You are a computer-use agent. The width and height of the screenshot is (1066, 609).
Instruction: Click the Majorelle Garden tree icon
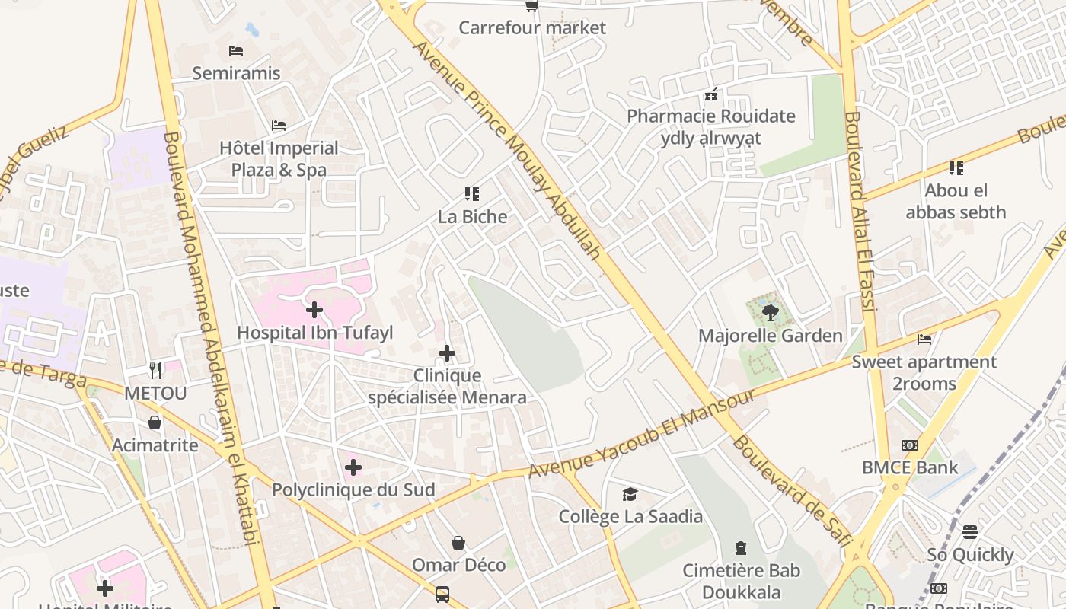point(770,312)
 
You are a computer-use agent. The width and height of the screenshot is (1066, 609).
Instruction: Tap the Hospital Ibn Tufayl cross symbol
point(314,310)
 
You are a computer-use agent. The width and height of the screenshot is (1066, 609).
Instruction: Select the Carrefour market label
point(532,28)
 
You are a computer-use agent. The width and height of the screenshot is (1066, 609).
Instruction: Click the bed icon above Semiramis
point(236,51)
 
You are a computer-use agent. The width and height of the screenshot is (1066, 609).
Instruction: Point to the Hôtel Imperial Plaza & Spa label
point(279,158)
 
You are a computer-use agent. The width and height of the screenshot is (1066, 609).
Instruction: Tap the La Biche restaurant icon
point(472,194)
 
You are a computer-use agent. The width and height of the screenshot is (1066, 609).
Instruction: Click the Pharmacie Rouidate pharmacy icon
point(711,95)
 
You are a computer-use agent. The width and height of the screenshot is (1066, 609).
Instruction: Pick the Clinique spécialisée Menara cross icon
point(447,353)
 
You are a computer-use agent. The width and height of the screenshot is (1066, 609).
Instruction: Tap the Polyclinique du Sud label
point(353,489)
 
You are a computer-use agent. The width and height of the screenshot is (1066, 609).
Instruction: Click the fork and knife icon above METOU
point(155,371)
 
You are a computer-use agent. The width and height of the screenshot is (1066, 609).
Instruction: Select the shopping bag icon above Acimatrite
point(155,422)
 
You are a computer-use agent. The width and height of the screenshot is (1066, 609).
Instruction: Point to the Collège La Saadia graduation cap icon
point(630,495)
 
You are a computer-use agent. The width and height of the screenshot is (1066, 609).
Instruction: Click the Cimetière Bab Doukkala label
point(741,581)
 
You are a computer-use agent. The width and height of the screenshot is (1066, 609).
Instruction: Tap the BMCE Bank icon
point(909,445)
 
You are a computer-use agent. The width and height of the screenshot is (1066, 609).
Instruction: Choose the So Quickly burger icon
point(969,531)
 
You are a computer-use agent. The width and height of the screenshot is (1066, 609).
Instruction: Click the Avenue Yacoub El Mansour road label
point(641,434)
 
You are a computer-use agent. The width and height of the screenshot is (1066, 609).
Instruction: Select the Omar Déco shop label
point(458,565)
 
